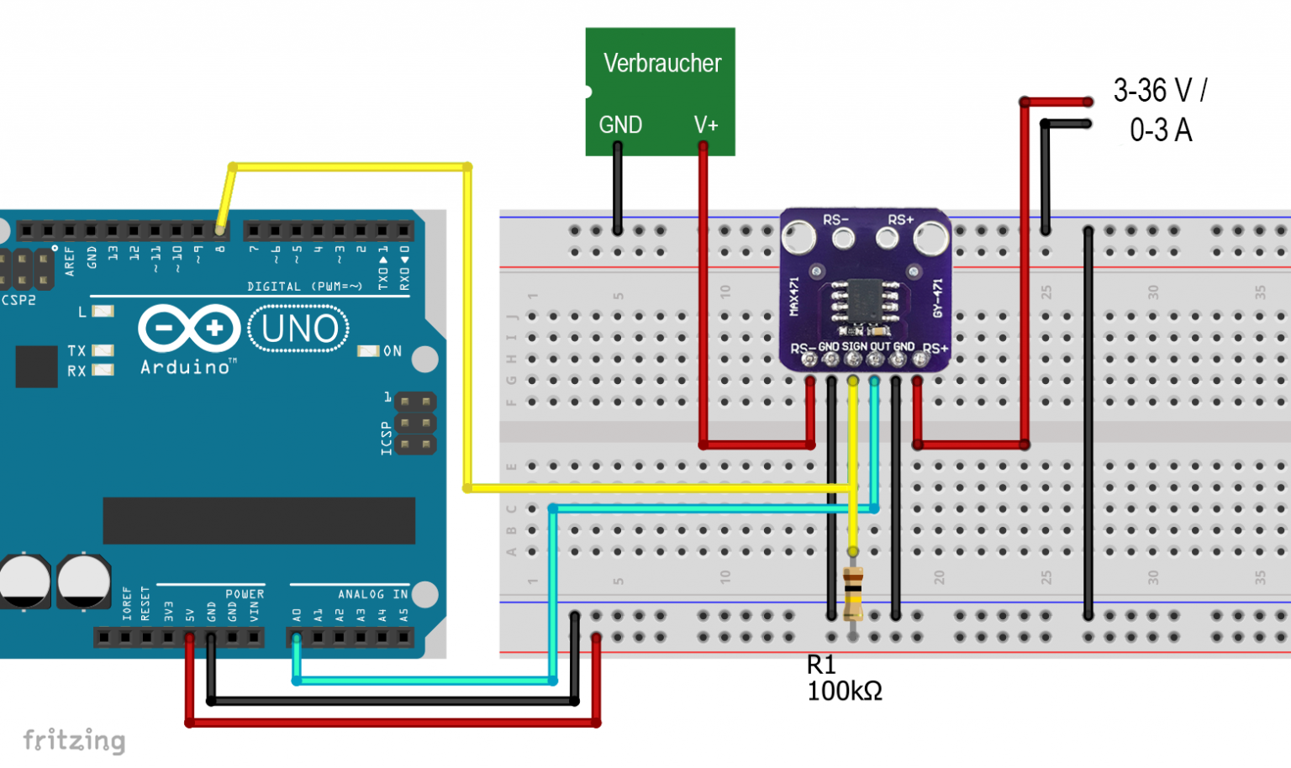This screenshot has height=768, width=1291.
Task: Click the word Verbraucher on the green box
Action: pyautogui.click(x=661, y=64)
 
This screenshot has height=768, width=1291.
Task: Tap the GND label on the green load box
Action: pyautogui.click(x=620, y=125)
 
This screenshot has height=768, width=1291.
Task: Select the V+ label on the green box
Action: pyautogui.click(x=706, y=125)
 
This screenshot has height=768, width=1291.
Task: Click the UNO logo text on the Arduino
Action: pyautogui.click(x=299, y=329)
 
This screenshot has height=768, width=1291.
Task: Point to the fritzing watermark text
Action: pyautogui.click(x=74, y=740)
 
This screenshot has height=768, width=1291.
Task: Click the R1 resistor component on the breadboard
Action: pyautogui.click(x=852, y=592)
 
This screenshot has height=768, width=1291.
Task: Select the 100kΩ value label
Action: pyautogui.click(x=844, y=692)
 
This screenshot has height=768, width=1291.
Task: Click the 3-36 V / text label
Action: pyautogui.click(x=1160, y=91)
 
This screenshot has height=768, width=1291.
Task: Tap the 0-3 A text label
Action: pyautogui.click(x=1160, y=130)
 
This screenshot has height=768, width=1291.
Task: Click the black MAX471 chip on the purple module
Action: pyautogui.click(x=865, y=300)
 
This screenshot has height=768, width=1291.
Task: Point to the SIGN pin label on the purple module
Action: pyautogui.click(x=854, y=346)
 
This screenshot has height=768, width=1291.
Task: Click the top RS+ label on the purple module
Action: pyautogui.click(x=900, y=220)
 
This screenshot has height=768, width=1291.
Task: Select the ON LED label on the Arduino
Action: pyautogui.click(x=393, y=351)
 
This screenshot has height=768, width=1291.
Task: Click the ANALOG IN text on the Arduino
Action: pyautogui.click(x=372, y=594)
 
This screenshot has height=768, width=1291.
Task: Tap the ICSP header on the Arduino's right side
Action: pyautogui.click(x=415, y=423)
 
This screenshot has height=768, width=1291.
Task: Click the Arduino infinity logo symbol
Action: pyautogui.click(x=189, y=328)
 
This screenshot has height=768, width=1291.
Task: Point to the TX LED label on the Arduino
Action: pyautogui.click(x=76, y=350)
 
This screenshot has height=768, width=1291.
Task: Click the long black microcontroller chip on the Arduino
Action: pyautogui.click(x=259, y=520)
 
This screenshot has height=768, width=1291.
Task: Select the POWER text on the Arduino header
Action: pyautogui.click(x=245, y=594)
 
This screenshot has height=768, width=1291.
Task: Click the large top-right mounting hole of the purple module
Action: pyautogui.click(x=931, y=238)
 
